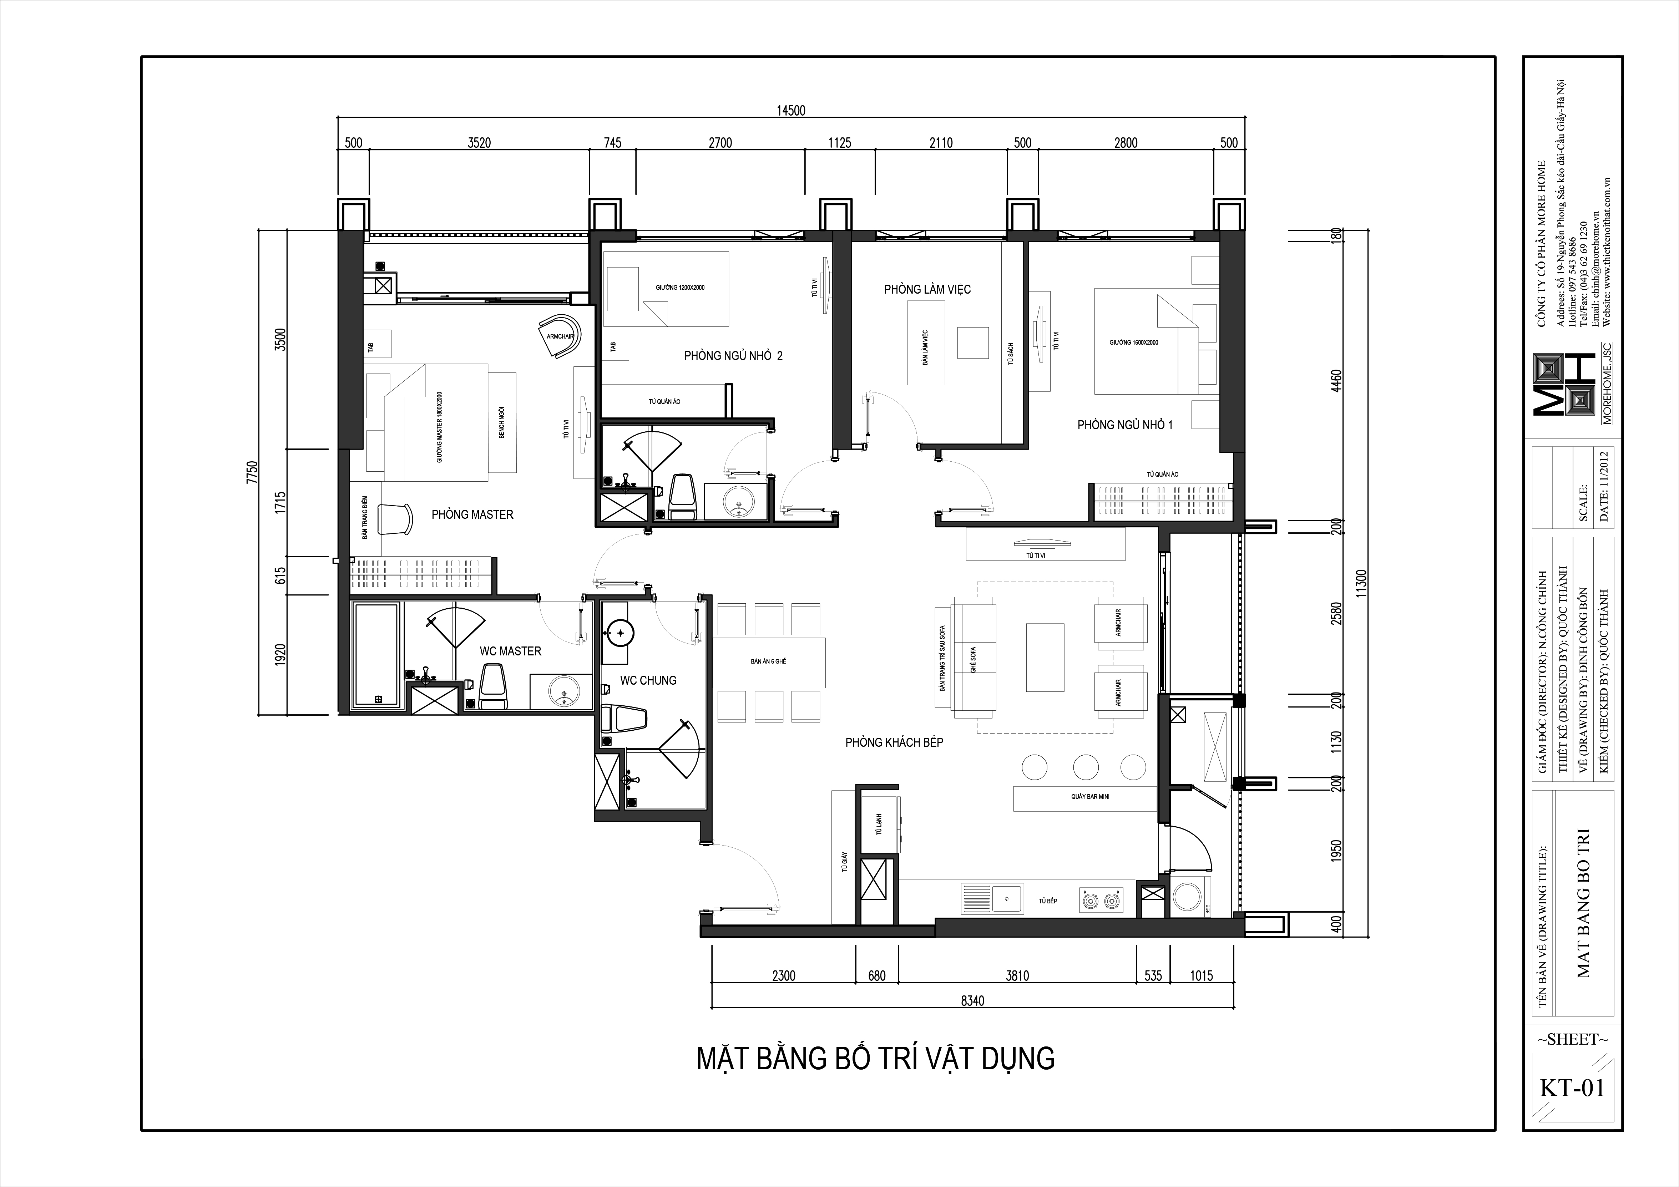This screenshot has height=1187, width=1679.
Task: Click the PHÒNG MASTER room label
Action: point(472,514)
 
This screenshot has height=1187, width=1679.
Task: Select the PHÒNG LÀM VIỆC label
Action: point(927,289)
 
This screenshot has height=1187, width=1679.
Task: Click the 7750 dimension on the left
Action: point(252,473)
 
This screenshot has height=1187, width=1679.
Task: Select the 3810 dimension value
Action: point(1017,975)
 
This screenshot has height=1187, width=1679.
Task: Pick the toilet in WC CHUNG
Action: point(623,719)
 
